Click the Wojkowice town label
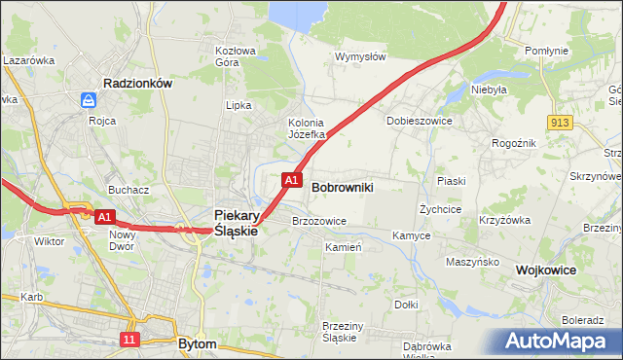coord(547,270)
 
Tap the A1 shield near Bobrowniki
coord(290,180)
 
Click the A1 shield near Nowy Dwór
coord(105,217)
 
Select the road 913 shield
coord(559,122)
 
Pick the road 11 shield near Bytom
coord(129,339)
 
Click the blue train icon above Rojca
coord(89,100)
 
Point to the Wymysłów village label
coord(360,56)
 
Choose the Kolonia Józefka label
coord(311,128)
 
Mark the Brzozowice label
coord(319,221)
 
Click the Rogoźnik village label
coord(514,142)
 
